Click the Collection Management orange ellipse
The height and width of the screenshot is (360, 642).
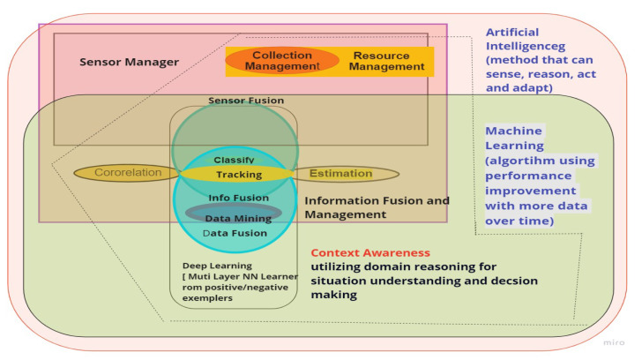tap(282, 60)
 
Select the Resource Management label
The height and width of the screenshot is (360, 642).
tap(381, 61)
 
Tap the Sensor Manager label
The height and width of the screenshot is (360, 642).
tap(129, 63)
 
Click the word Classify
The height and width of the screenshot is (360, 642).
tap(234, 160)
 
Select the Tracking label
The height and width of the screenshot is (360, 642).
tap(238, 175)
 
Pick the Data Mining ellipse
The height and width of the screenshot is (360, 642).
tap(234, 215)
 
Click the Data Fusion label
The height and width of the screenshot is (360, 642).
tap(235, 233)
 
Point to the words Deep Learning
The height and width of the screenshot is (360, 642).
tap(217, 265)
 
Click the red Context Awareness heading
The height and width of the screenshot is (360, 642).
tap(370, 252)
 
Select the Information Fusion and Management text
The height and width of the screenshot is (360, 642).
tap(377, 206)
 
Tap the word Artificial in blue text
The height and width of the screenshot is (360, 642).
tap(513, 33)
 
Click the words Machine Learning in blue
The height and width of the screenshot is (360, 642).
tap(514, 138)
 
